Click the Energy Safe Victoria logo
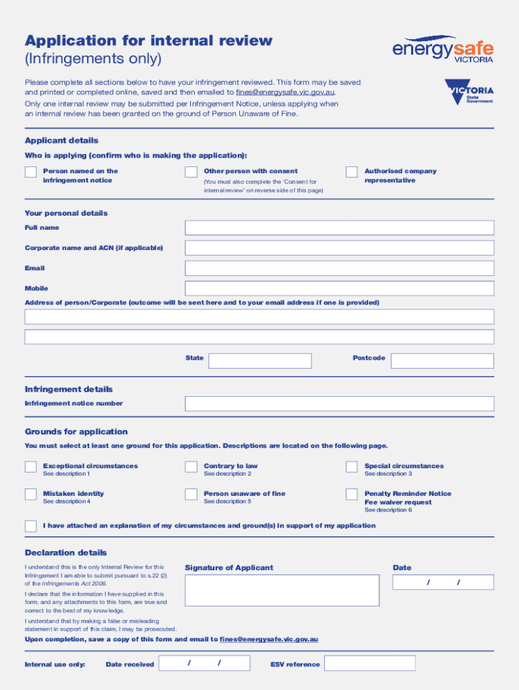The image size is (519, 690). pos(443,49)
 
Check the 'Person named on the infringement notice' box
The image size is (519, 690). pos(31,172)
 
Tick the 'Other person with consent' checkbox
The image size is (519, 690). pos(191,172)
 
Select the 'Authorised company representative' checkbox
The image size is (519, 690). pos(352,172)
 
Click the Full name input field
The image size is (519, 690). pos(339,228)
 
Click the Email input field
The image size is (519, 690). pos(339,268)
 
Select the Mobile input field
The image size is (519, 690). pos(339,288)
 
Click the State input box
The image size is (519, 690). pos(259,361)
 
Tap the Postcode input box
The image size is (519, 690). pos(442,361)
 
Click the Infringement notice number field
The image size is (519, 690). pos(339,404)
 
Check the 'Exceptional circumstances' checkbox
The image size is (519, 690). pos(31,467)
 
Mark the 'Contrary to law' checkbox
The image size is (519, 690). pos(191,467)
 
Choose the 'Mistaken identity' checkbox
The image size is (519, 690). pos(31,495)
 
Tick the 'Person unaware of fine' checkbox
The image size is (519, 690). pos(191,495)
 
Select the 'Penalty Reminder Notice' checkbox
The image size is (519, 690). pos(352,495)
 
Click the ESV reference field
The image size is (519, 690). pos(369,663)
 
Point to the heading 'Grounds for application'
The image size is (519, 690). pos(76,432)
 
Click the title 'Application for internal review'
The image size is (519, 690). pos(148,40)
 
